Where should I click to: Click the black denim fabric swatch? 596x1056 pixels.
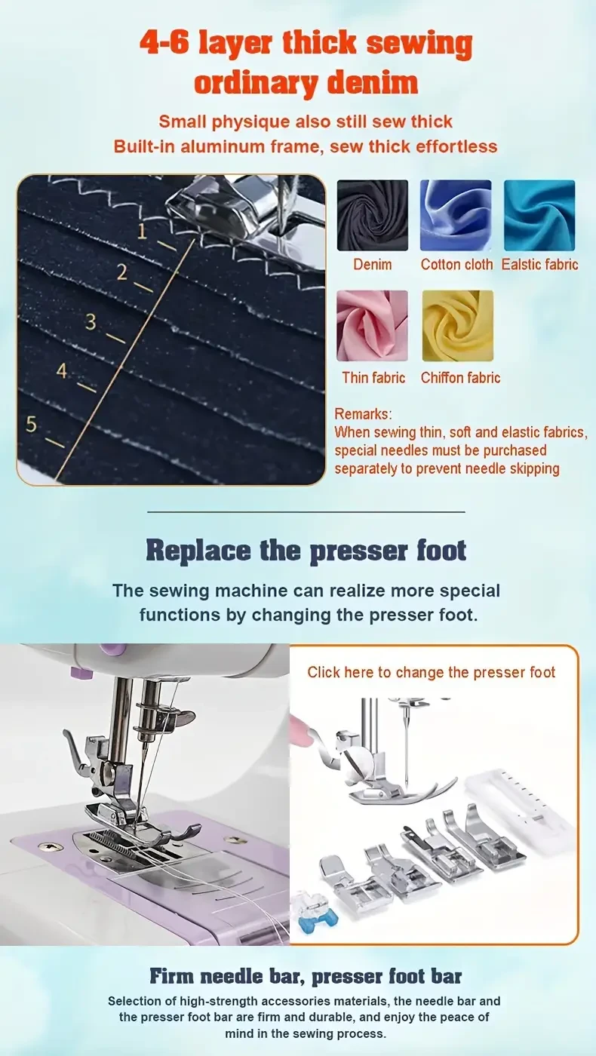pos(372,215)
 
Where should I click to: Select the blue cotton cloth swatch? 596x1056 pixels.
pos(456,215)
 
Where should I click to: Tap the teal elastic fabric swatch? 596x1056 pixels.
pos(539,215)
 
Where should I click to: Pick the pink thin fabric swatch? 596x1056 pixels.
pos(372,326)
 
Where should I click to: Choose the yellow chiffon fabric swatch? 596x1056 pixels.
pos(457,326)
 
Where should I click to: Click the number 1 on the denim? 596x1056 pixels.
pos(142,232)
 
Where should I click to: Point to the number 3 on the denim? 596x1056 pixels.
pos(91,322)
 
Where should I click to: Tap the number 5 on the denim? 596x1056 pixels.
pos(31,424)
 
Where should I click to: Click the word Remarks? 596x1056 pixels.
pos(364,414)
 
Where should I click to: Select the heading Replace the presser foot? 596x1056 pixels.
pos(306,550)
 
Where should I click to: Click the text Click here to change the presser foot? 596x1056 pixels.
pos(431,672)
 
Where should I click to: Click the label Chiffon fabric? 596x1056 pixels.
pos(460,378)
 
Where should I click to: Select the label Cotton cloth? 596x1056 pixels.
pos(456,265)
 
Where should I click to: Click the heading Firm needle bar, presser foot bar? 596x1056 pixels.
pos(306,976)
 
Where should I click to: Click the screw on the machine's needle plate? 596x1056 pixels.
pos(51,847)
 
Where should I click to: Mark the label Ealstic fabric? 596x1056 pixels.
pos(539,265)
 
